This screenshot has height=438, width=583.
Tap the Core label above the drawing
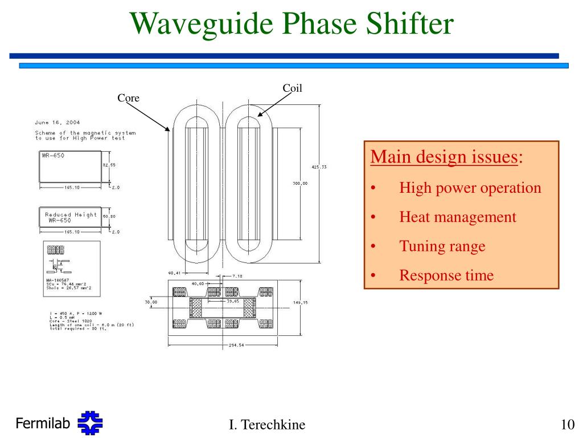pyautogui.click(x=128, y=98)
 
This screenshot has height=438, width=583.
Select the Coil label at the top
pyautogui.click(x=292, y=88)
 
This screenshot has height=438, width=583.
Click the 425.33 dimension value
pyautogui.click(x=318, y=167)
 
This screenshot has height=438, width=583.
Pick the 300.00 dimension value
pyautogui.click(x=300, y=183)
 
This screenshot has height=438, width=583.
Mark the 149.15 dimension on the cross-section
pyautogui.click(x=300, y=303)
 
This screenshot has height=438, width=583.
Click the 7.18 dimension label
pyautogui.click(x=237, y=276)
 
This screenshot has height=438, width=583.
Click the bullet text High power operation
pyautogui.click(x=470, y=188)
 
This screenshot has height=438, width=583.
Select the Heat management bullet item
pyautogui.click(x=457, y=217)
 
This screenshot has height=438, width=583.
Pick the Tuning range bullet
pyautogui.click(x=442, y=246)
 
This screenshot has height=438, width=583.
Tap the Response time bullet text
pyautogui.click(x=446, y=276)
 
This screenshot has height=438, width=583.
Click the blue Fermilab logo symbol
pyautogui.click(x=90, y=424)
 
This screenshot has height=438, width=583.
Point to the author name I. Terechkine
pyautogui.click(x=266, y=425)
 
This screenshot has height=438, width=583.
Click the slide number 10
pyautogui.click(x=566, y=425)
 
